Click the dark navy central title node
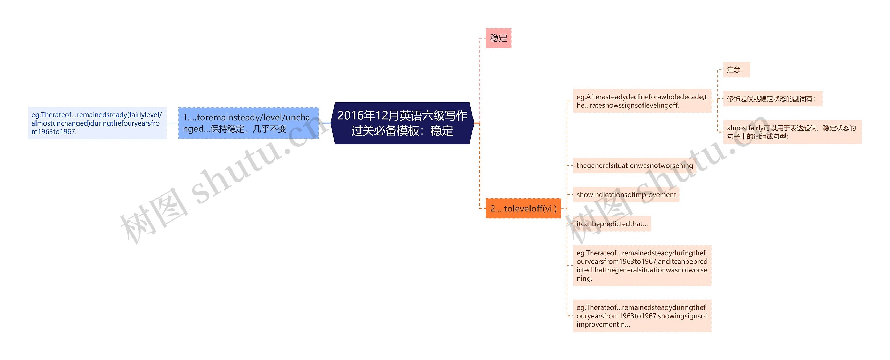point(402,123)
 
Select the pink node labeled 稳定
point(498,38)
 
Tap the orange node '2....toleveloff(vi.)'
point(523,208)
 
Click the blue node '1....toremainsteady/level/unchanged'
point(249,123)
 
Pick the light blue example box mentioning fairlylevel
point(97,123)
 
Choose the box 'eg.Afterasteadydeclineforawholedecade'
point(642,101)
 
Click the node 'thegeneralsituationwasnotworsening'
point(634,166)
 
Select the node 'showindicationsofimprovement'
point(626,195)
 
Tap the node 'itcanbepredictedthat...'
point(612,224)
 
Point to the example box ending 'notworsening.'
point(642,266)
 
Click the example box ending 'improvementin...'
point(642,316)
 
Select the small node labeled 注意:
point(736,70)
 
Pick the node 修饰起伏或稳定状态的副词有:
point(772,99)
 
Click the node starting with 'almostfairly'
point(792,132)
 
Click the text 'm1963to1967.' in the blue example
point(54,132)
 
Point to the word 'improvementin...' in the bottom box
point(603,325)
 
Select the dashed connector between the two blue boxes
point(172,123)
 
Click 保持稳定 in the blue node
point(227,129)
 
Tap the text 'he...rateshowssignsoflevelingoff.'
point(628,105)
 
